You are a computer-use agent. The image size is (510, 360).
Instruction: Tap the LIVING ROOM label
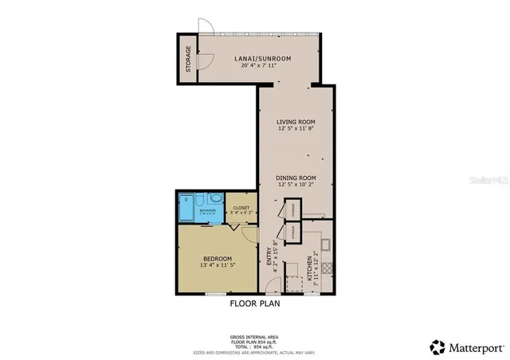click(x=297, y=121)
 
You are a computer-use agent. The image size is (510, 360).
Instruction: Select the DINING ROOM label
click(x=296, y=178)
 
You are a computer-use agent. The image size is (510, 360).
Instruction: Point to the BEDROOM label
click(x=217, y=259)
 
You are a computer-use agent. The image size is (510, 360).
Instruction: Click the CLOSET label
click(x=241, y=207)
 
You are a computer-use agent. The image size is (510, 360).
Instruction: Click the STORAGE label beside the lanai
click(x=188, y=60)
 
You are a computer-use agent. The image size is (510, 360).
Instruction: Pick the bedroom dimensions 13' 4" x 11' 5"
click(x=217, y=267)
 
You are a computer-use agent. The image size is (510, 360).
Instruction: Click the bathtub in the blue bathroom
click(x=186, y=209)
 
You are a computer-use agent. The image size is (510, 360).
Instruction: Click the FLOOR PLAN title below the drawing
click(x=254, y=303)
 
